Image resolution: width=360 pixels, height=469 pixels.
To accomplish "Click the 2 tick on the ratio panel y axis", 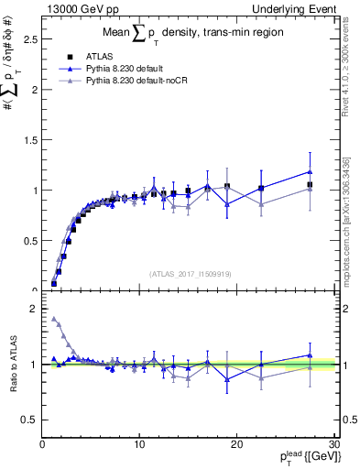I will pos(33,310).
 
